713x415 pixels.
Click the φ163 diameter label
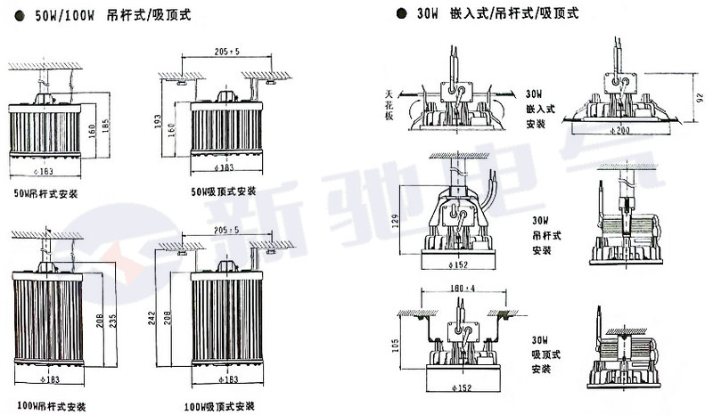coord(44,169)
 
